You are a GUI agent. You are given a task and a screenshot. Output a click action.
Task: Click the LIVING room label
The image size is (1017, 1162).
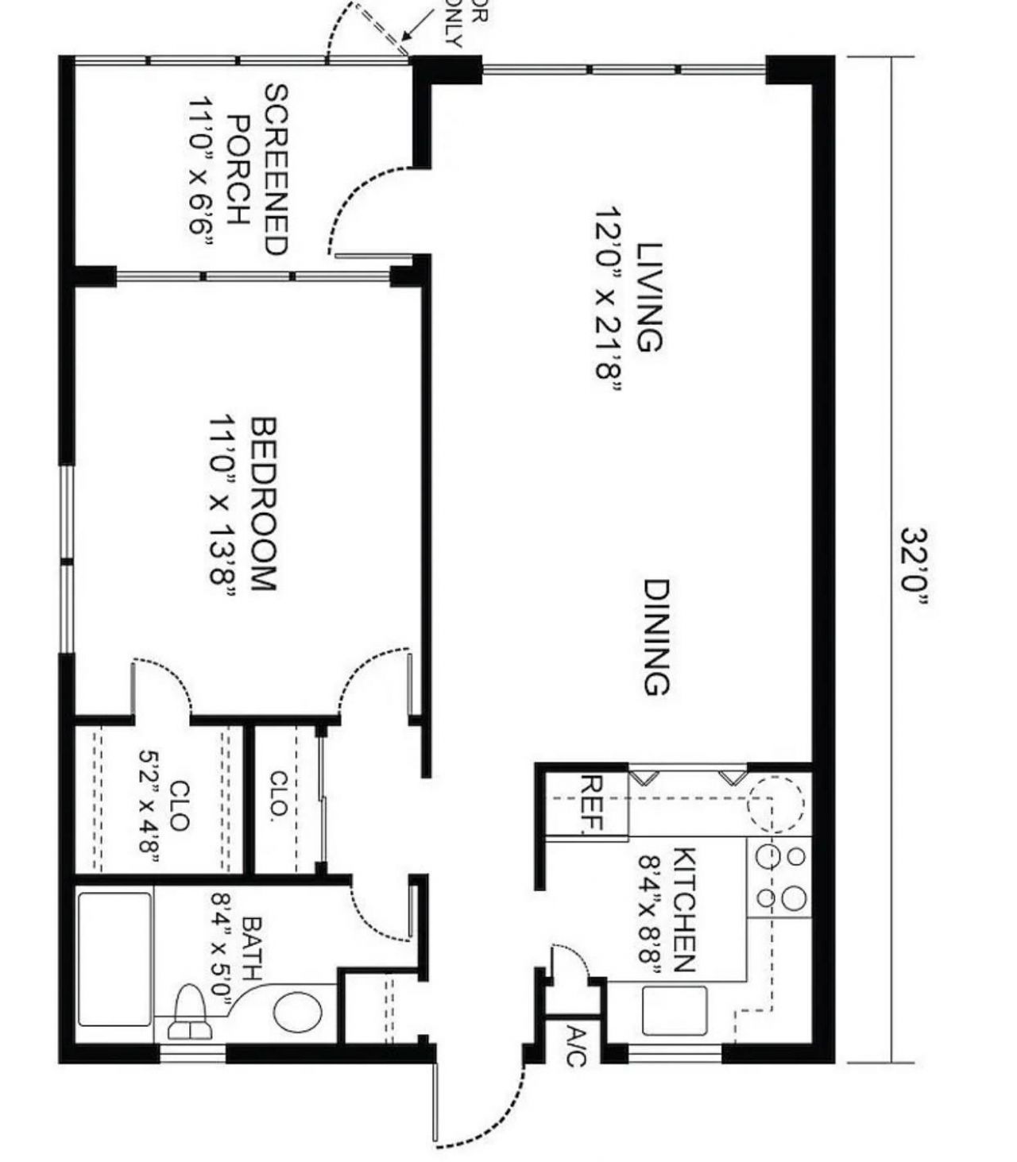click(649, 297)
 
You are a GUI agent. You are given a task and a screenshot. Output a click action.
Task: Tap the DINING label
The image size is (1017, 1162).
click(656, 637)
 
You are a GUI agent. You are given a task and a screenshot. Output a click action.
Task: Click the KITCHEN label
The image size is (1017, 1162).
click(685, 909)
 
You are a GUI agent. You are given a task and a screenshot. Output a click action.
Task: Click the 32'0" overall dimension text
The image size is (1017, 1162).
click(915, 566)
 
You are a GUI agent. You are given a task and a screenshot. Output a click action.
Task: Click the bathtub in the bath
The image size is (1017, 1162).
click(115, 959)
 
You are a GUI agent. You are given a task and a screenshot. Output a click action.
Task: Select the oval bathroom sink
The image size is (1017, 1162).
click(298, 1013)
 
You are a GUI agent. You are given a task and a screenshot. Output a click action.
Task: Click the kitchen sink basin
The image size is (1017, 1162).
click(675, 1010)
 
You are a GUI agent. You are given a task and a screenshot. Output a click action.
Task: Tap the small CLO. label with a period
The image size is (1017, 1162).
click(279, 794)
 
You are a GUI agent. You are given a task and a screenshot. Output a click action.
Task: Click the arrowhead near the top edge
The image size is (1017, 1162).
click(405, 37)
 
